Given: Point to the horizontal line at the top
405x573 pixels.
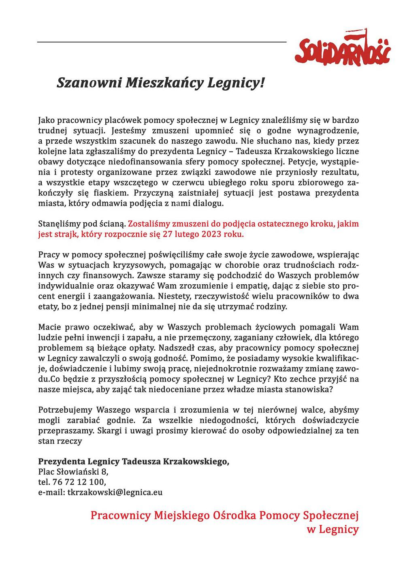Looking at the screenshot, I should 162,42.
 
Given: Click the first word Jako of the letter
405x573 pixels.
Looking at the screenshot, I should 46,120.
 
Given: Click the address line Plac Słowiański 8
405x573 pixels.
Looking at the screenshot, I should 73,471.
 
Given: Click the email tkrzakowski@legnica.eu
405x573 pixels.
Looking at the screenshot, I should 115,492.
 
